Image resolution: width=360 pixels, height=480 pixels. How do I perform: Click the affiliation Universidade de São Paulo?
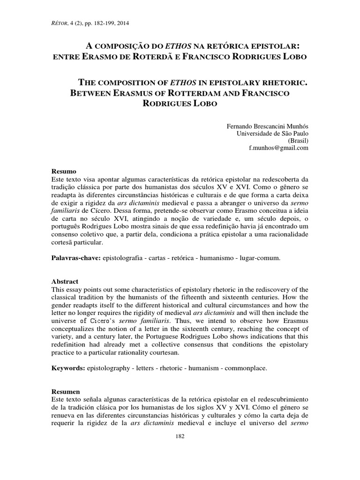(272, 134)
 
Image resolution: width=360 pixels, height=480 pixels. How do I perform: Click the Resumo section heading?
(63, 172)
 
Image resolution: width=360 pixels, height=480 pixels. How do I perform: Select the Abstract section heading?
(64, 282)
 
